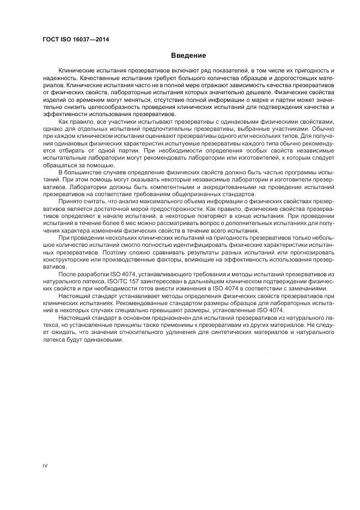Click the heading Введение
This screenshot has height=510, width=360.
(x=188, y=55)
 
